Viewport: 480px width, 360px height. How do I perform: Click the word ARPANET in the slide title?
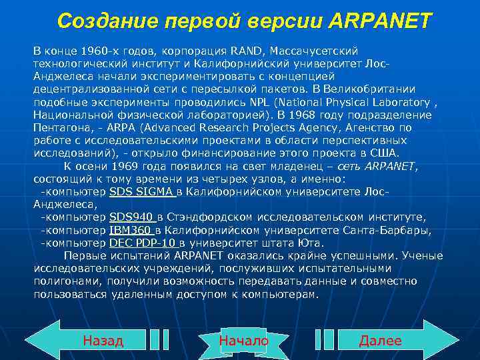pos(381,21)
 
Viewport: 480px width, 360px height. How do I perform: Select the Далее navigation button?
pos(380,341)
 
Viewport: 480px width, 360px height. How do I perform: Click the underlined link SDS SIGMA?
pos(142,192)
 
